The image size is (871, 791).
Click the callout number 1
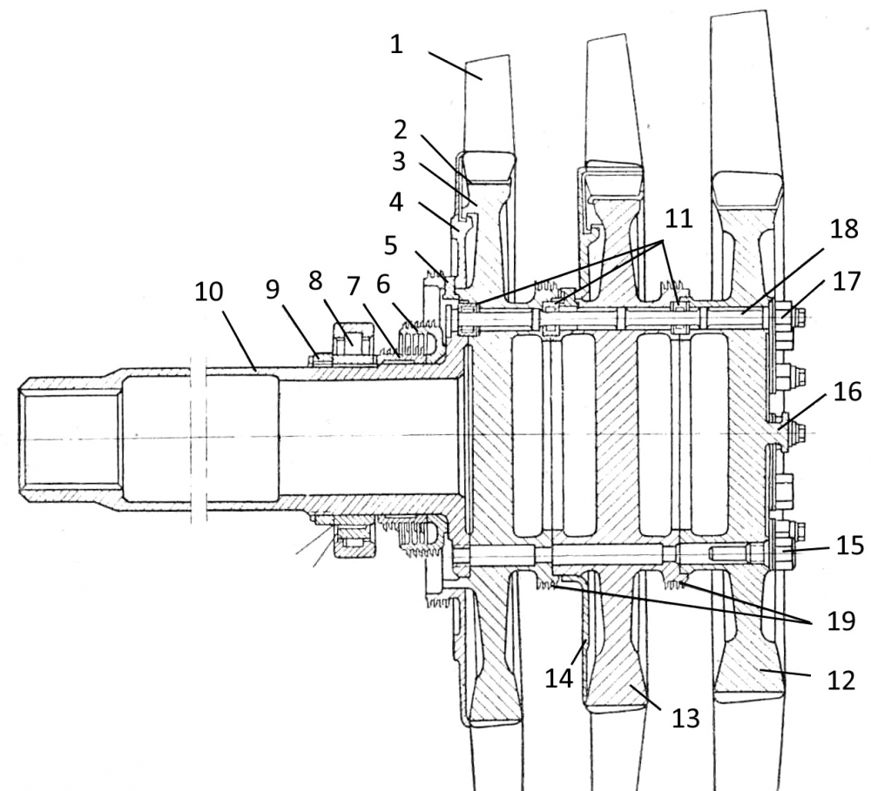pyautogui.click(x=396, y=44)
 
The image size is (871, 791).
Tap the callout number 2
pyautogui.click(x=400, y=131)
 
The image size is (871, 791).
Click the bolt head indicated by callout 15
pyautogui.click(x=778, y=549)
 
